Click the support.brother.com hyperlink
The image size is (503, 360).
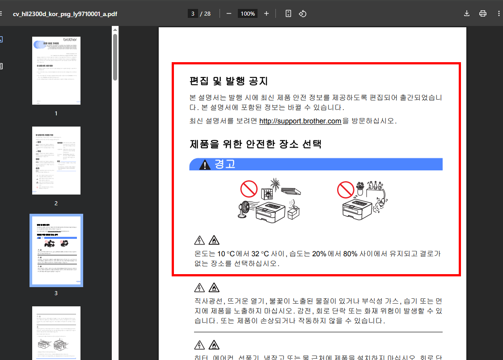coord(300,121)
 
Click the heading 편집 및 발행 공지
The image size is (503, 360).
coord(228,81)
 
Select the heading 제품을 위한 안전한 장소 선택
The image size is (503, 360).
coord(255,144)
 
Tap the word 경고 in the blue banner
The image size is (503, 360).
coord(225,164)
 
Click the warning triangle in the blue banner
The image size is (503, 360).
coord(205,165)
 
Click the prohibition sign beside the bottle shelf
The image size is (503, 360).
coord(345,190)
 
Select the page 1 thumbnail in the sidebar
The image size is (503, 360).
coord(56,71)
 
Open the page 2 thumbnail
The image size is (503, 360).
coord(56,161)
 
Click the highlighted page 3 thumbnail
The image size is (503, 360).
coord(56,250)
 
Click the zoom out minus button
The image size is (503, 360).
coord(229,13)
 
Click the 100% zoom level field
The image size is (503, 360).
coord(247,13)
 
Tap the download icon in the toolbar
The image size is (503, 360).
coord(467,13)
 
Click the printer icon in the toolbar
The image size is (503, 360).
coord(483,13)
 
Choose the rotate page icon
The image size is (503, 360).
coord(303,13)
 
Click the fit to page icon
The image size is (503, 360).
coord(288,13)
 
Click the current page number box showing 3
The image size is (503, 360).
coord(193,13)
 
